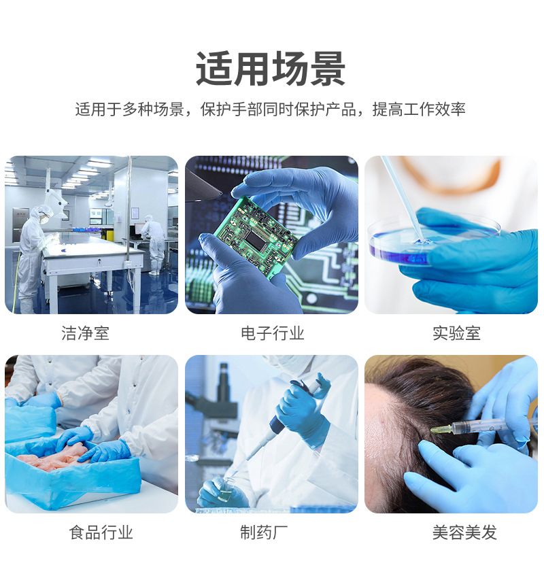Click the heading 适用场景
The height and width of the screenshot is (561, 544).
[271, 69]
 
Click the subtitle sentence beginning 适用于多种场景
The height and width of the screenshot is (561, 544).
[271, 109]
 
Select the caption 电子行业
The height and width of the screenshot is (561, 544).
[272, 333]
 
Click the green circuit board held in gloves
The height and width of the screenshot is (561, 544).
[255, 235]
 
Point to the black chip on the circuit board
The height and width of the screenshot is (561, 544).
[256, 240]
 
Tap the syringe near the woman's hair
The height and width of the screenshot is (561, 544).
[469, 428]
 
